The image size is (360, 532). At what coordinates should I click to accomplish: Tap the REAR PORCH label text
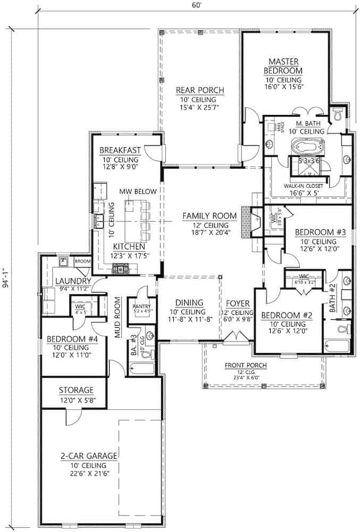(199, 90)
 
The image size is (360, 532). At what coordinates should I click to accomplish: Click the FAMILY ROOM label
(209, 215)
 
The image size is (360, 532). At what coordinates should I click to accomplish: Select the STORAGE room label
(76, 390)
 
